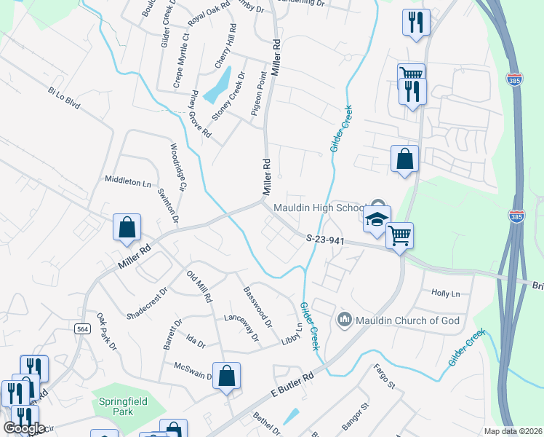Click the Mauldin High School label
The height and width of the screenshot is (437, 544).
coord(318,208)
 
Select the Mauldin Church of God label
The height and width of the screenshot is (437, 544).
coord(399,318)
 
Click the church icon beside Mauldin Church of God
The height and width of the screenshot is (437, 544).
coord(345,319)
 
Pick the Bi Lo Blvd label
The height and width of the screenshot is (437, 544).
coord(63,98)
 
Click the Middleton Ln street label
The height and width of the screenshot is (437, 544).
coord(132,182)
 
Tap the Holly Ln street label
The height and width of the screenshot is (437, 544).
coord(446,294)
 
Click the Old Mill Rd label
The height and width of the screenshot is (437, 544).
coord(199,286)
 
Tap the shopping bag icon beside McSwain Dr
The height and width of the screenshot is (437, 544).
coord(226,376)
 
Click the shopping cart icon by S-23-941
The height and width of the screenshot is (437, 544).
coord(399,236)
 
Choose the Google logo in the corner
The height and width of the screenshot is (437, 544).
coord(24,428)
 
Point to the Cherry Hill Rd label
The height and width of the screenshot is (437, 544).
coord(225,47)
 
